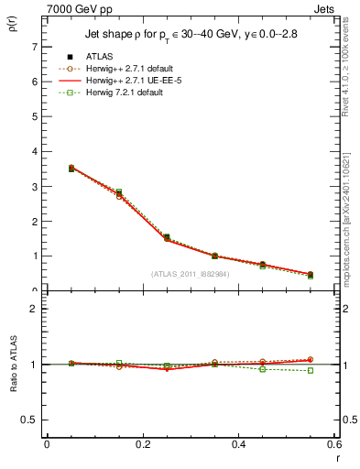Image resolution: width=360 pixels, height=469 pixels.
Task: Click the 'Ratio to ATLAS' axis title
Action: (12, 364)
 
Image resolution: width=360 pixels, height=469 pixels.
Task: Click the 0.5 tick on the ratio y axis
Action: (30, 420)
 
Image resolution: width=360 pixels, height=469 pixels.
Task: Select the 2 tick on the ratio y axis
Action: (34, 309)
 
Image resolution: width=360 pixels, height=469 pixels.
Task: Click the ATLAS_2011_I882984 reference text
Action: (191, 274)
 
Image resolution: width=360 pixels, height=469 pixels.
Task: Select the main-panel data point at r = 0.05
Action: (47, 169)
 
